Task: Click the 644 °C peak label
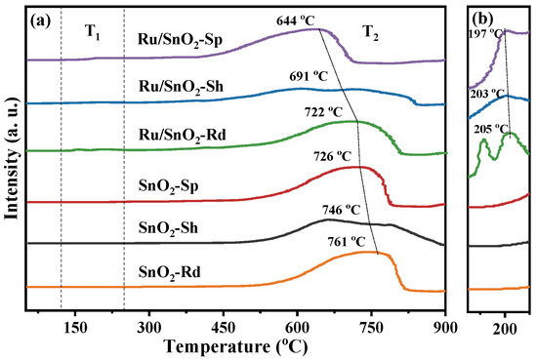coord(295,21)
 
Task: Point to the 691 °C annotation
coord(309,76)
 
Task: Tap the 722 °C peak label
coord(323,111)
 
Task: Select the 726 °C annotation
coord(332,156)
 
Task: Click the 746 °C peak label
coord(341,210)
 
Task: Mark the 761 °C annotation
coord(347,242)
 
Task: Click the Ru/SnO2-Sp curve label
coord(181,40)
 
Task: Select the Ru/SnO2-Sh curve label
coord(181,87)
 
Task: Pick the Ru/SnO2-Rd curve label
coord(183,136)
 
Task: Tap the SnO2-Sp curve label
coord(169,186)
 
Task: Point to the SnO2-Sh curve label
coord(168,228)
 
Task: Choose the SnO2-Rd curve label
coord(170,273)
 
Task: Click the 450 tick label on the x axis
coord(224,328)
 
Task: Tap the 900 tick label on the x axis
coord(445,328)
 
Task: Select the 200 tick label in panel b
coord(505,329)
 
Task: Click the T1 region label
coord(93,33)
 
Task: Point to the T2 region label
coord(370,33)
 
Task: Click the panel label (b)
coord(483,19)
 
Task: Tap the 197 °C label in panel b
coord(486,34)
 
